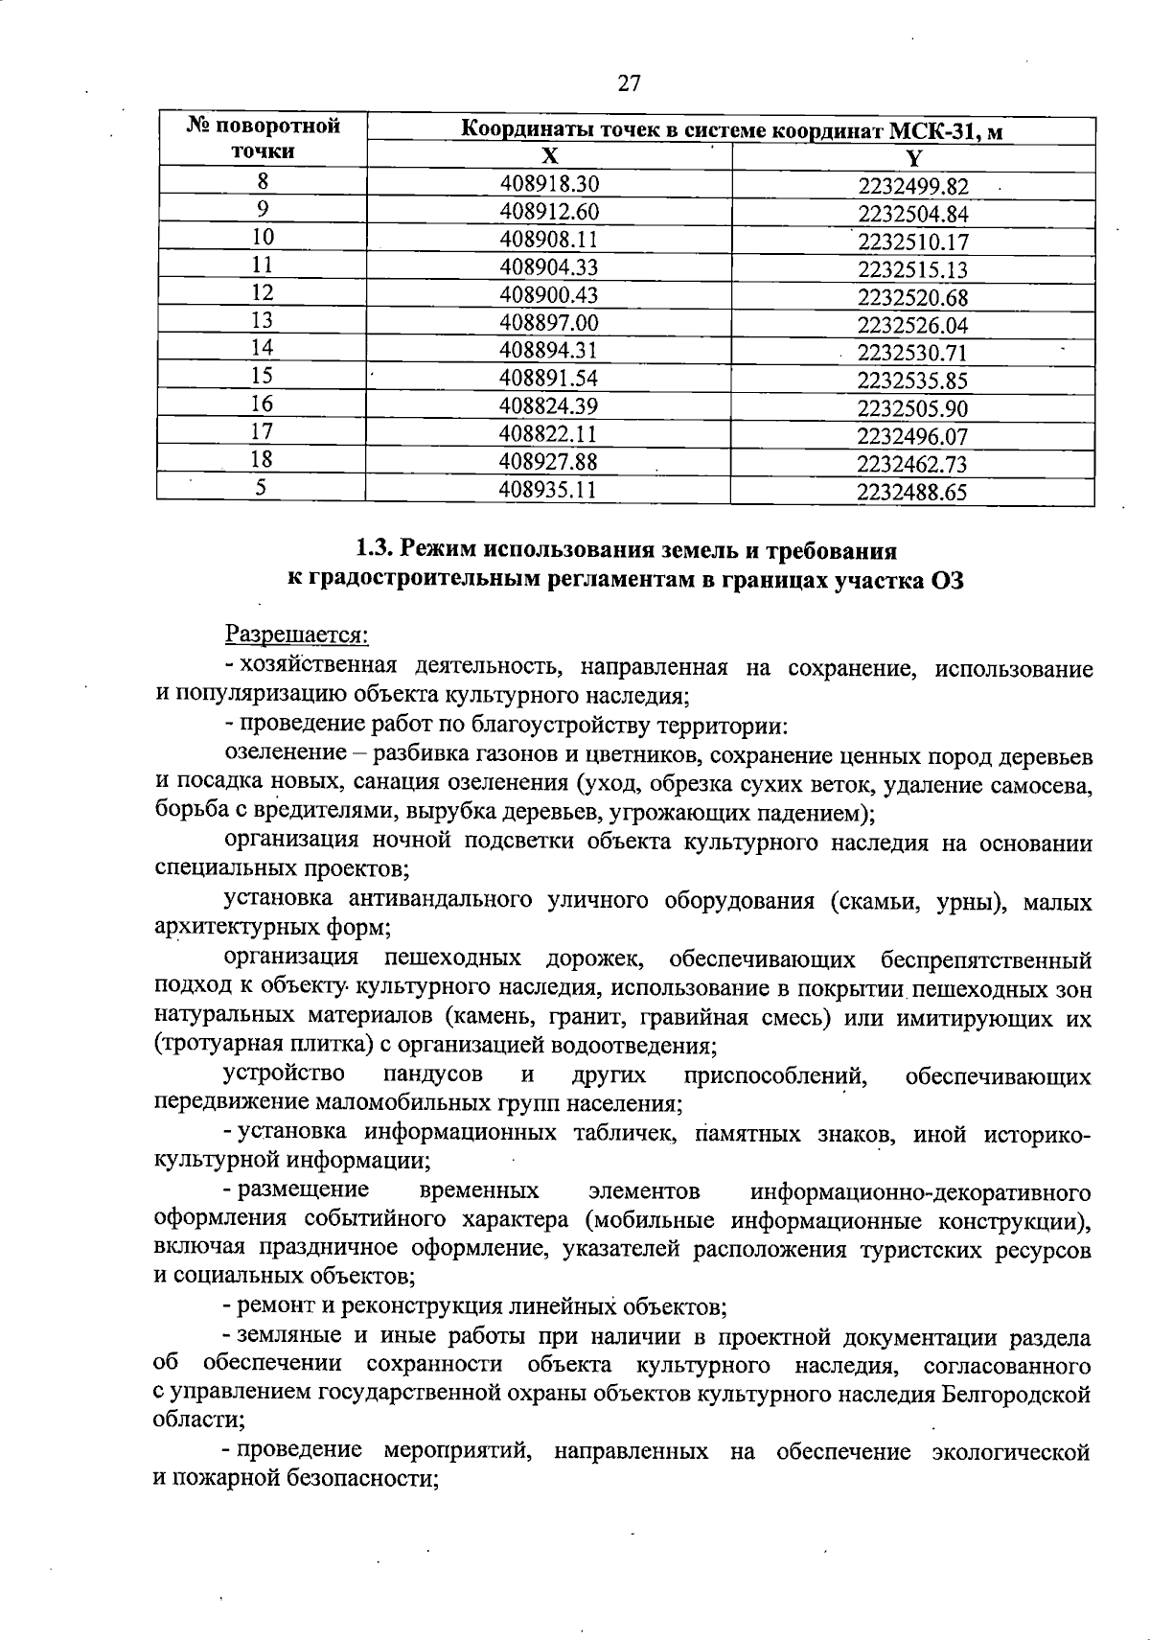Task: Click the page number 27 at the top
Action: pos(628,83)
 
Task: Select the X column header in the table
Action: pos(548,156)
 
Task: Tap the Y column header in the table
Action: pos(913,157)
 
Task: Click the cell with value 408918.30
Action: pos(549,182)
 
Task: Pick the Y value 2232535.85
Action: pos(912,381)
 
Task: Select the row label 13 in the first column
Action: pos(262,320)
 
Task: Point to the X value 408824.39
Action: pos(549,405)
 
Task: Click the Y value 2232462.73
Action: pos(912,465)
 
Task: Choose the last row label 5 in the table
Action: pos(261,488)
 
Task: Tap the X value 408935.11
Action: pos(549,490)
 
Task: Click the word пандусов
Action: pos(432,1075)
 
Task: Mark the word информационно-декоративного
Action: pos(921,1191)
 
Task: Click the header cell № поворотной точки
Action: pos(262,139)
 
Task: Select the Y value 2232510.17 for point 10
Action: pos(912,242)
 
